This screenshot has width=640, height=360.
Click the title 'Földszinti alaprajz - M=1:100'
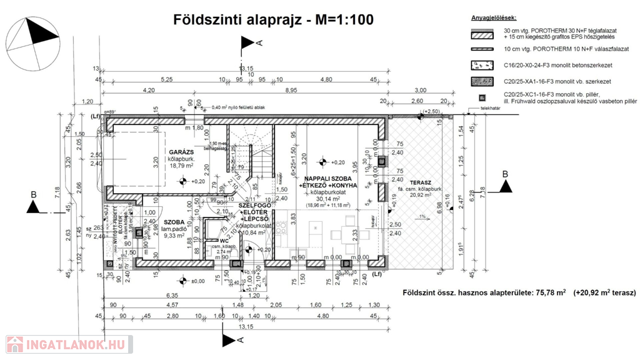coord(273,20)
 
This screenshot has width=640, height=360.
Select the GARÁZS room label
coord(181,152)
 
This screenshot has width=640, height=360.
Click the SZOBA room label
coord(174,222)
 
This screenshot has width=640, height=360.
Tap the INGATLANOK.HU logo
coord(67,344)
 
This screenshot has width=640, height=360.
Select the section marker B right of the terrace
coord(504,184)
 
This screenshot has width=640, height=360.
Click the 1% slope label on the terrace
coord(423,217)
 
